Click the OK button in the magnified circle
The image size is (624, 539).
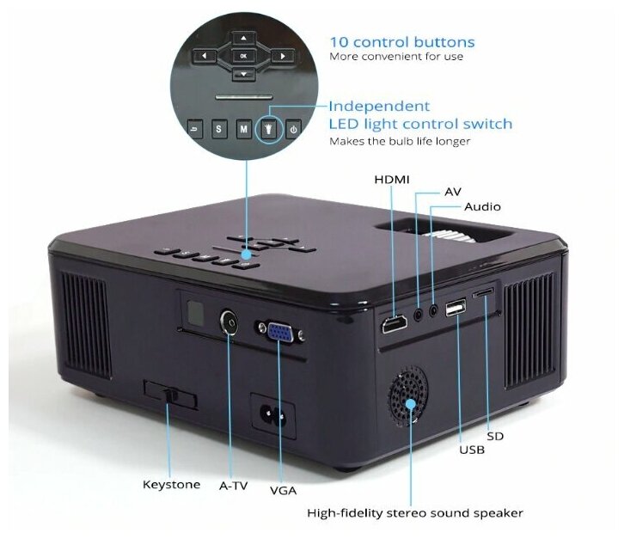[244, 56]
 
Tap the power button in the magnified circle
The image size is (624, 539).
[294, 129]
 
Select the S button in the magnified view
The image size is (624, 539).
[218, 129]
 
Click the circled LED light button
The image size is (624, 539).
[269, 129]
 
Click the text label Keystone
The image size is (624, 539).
[171, 485]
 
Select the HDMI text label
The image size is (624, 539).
[392, 179]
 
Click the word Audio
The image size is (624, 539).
[482, 207]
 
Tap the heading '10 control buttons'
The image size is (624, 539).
[402, 41]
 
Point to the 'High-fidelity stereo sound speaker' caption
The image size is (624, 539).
[415, 513]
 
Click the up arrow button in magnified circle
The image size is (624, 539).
[244, 38]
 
